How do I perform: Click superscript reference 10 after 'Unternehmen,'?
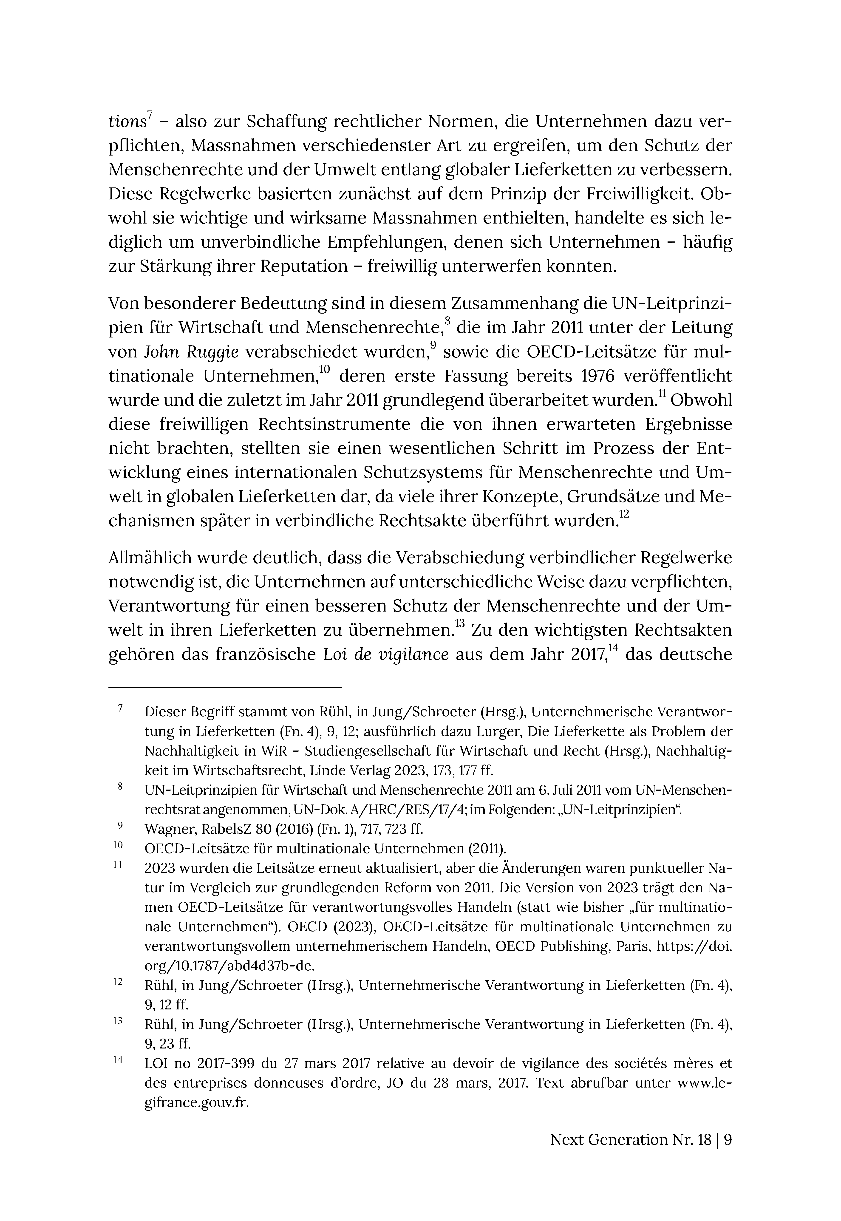click(x=325, y=369)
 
